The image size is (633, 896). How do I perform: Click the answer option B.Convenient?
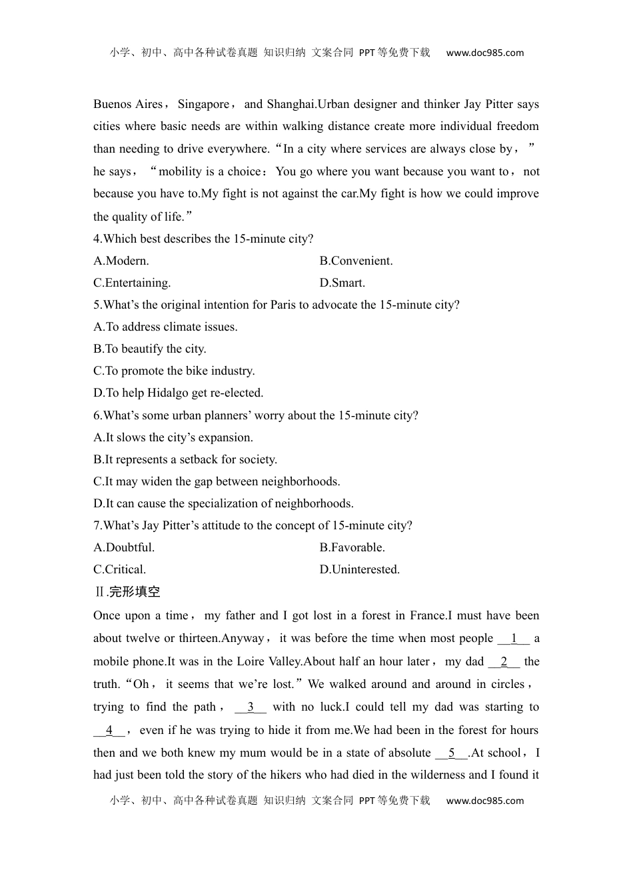point(356,261)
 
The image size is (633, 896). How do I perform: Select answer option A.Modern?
point(121,261)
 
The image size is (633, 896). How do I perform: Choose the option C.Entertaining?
point(132,283)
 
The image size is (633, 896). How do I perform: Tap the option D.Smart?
point(342,283)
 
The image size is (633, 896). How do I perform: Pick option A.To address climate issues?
point(165,327)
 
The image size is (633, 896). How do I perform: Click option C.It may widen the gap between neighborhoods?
point(217,481)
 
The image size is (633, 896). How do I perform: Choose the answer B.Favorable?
point(352,547)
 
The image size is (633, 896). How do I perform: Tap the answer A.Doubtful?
point(124,547)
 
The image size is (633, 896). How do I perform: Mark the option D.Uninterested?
point(360,569)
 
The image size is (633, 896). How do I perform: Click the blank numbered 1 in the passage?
point(514,639)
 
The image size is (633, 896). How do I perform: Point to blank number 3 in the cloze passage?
point(251,707)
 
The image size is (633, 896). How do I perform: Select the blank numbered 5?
point(452,753)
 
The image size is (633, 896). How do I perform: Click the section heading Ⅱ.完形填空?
point(127,591)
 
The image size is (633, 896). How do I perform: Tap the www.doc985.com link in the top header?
point(484,53)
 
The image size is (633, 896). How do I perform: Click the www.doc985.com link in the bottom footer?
point(484,801)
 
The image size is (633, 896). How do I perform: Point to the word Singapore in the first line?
point(203,104)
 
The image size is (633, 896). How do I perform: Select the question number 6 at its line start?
point(97,415)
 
